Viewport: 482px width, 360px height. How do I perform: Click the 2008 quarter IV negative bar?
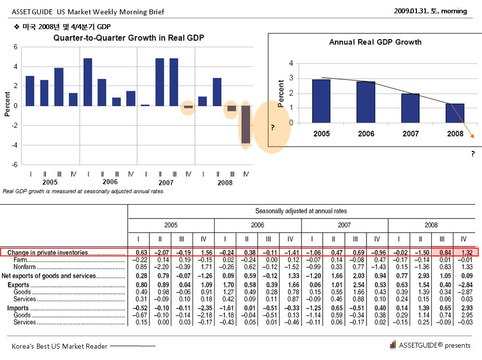(x=246, y=124)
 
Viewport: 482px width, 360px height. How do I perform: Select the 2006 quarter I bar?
(x=88, y=82)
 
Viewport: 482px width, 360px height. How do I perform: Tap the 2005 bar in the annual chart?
(x=321, y=101)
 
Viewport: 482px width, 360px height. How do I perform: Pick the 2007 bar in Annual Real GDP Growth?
(x=410, y=108)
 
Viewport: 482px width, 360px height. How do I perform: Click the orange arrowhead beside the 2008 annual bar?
(x=472, y=136)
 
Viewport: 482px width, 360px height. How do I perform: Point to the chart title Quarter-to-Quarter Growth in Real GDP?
(x=129, y=38)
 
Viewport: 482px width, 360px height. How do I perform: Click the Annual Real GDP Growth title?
(x=375, y=42)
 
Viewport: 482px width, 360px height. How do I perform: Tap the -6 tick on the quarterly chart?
(x=15, y=164)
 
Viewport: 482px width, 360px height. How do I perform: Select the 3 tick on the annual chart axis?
(x=291, y=78)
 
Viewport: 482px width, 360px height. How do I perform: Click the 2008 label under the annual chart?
(x=455, y=134)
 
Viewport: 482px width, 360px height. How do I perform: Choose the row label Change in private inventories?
(x=48, y=252)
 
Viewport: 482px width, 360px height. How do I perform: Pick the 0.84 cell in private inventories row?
(x=445, y=252)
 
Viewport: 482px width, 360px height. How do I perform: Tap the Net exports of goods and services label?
(x=49, y=276)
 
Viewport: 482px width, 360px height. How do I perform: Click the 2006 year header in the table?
(x=258, y=225)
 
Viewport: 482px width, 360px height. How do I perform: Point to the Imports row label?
(x=18, y=308)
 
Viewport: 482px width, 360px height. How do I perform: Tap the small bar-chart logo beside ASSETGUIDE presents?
(x=393, y=345)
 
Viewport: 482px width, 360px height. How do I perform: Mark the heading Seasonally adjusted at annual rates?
(x=301, y=211)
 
